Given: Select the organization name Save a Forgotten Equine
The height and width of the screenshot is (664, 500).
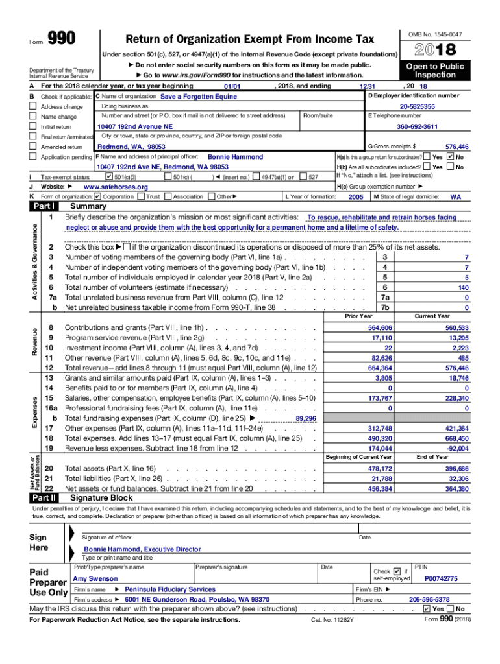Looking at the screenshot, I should coord(198,97).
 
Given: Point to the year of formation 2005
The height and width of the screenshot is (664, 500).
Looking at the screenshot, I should coord(356,197).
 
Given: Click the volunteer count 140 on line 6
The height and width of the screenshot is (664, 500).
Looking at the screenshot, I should coord(462,287).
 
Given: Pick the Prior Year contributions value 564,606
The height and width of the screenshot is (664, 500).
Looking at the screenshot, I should coord(380,328).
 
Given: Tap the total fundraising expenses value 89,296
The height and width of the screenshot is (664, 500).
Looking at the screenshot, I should coord(305,419).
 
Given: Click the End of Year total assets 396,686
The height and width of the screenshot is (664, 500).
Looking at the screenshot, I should coord(456,468).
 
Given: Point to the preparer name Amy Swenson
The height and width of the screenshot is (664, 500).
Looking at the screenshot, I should coord(95,578).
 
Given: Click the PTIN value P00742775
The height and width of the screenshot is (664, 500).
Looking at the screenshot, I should coord(441,578).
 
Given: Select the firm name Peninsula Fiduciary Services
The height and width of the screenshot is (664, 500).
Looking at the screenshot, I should coord(169,589).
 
